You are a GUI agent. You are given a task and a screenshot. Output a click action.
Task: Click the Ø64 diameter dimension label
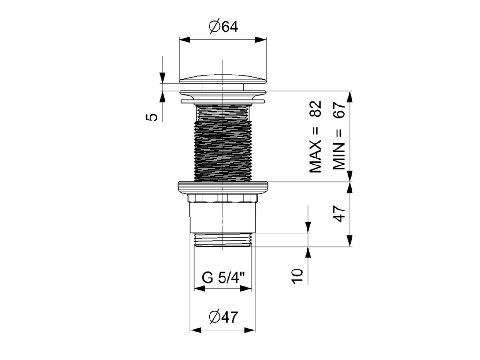[x=223, y=27]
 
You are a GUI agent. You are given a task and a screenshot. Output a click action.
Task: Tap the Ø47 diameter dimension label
[x=223, y=317]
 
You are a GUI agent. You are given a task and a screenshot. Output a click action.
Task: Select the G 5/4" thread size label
[x=224, y=278]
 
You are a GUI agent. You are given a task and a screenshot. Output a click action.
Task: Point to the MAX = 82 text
[x=315, y=136]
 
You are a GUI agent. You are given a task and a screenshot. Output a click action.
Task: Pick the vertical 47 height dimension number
[x=339, y=214]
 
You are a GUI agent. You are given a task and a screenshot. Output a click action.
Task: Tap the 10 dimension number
[x=297, y=276]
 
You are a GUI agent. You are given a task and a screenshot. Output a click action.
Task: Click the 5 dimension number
[x=151, y=117]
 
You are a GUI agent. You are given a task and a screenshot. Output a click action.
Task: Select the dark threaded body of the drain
[x=223, y=142]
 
